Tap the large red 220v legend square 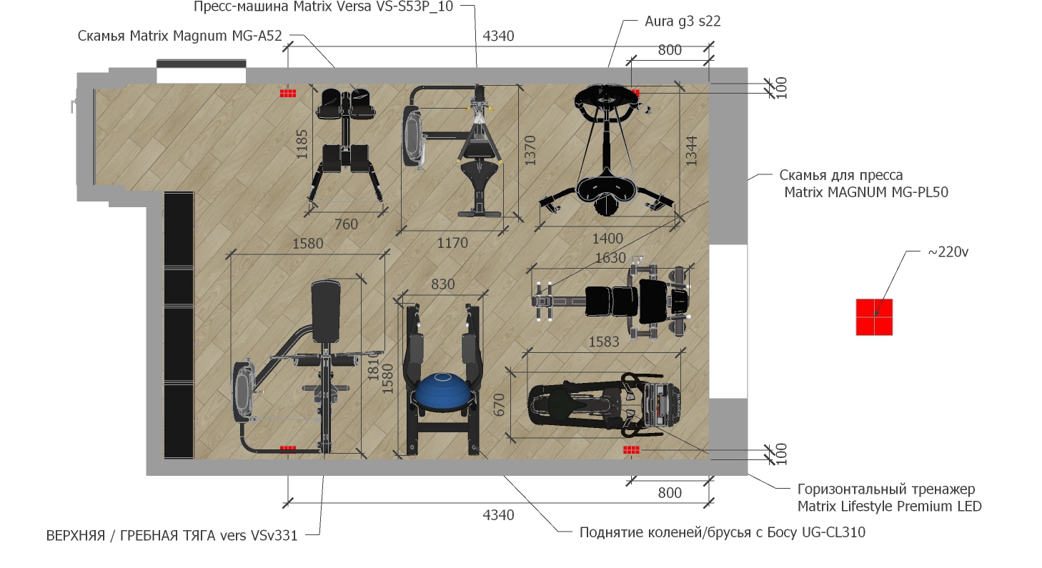click(x=874, y=317)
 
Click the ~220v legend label click(x=948, y=251)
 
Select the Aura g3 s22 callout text click(x=683, y=21)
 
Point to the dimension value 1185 click(x=302, y=144)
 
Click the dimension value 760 click(x=346, y=224)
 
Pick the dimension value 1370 click(x=530, y=150)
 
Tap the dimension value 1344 click(x=691, y=150)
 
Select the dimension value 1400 click(x=607, y=239)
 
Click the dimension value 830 click(x=442, y=284)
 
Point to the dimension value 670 click(x=498, y=404)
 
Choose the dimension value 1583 click(x=604, y=342)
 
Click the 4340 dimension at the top click(x=498, y=36)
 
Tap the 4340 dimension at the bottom click(x=498, y=515)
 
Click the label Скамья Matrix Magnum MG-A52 click(x=179, y=36)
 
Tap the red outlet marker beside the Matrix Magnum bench click(x=288, y=94)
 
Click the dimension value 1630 click(x=610, y=258)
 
